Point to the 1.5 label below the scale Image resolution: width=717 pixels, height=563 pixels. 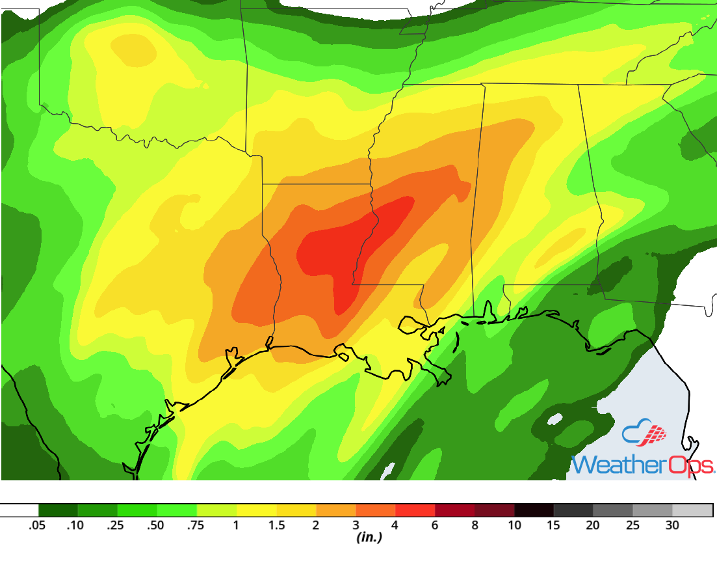pyautogui.click(x=276, y=526)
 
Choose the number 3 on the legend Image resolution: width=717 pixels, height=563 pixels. pyautogui.click(x=356, y=526)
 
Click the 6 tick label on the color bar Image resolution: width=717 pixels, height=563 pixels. pyautogui.click(x=435, y=526)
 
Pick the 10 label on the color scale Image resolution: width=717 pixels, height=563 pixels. pyautogui.click(x=514, y=526)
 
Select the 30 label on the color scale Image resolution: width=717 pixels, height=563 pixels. pyautogui.click(x=672, y=526)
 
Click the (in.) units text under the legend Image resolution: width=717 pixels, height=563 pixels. pyautogui.click(x=369, y=538)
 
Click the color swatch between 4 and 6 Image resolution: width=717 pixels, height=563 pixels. pyautogui.click(x=415, y=510)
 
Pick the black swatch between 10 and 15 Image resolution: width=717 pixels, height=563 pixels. pyautogui.click(x=534, y=510)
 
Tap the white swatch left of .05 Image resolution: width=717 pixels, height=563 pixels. pyautogui.click(x=20, y=510)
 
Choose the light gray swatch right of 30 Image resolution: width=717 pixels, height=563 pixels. pyautogui.click(x=692, y=510)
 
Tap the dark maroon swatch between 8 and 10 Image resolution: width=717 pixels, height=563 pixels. pyautogui.click(x=494, y=510)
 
